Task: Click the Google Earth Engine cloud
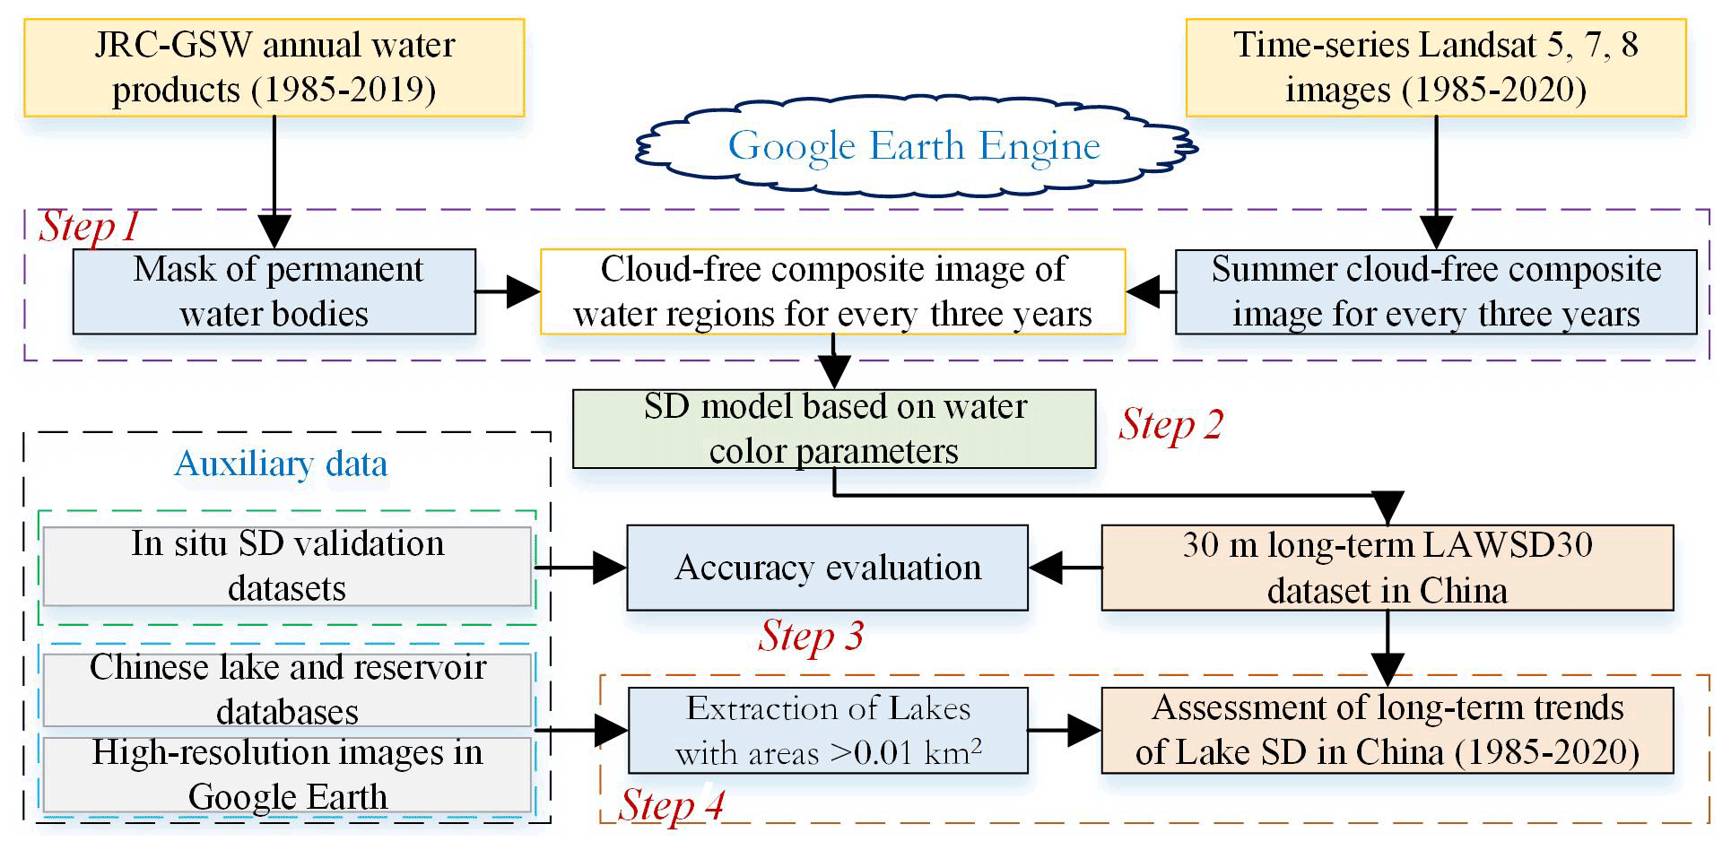tap(915, 146)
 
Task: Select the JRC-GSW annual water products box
tap(274, 68)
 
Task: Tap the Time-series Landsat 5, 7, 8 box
tap(1435, 68)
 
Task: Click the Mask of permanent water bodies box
tap(274, 291)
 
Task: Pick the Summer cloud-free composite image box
tap(1435, 291)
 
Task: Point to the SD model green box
tap(833, 429)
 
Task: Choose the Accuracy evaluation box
tap(827, 568)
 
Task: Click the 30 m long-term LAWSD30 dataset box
tap(1387, 568)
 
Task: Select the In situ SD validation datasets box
tap(287, 567)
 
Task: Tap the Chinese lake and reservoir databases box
tap(287, 689)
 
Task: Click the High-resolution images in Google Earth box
tap(287, 775)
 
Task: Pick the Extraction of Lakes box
tap(827, 731)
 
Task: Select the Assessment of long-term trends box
tap(1387, 731)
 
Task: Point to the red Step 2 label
tap(1170, 424)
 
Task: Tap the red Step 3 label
tap(811, 636)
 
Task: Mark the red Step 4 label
tap(671, 804)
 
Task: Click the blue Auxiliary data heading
tap(281, 464)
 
